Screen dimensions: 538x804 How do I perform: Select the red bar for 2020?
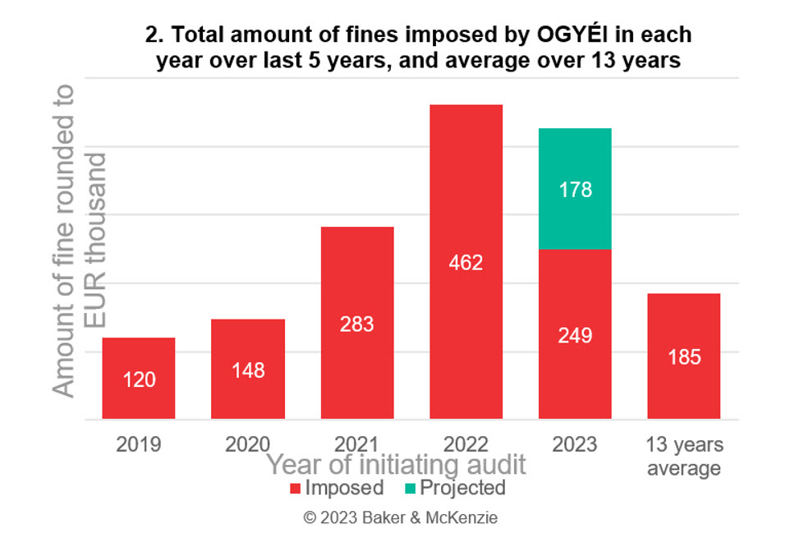pos(248,369)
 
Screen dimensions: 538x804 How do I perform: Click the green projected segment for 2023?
pos(575,188)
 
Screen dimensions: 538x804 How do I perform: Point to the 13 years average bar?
pos(684,356)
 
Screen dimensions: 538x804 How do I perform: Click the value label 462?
pos(466,263)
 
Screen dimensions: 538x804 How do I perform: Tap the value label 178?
pos(575,190)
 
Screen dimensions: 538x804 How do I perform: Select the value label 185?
pos(684,357)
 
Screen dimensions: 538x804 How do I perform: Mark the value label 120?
pos(139,380)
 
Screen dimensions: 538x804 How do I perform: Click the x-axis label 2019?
pos(139,445)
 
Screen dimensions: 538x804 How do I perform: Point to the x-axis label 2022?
pos(466,445)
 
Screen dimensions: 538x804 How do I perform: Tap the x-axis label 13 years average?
pos(684,457)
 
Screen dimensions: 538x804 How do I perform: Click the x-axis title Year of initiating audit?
pos(395,465)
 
